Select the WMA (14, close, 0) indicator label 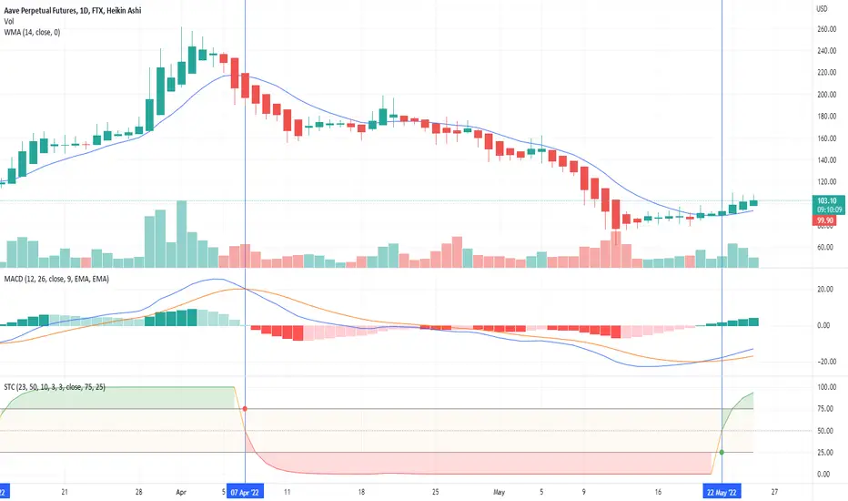pos(32,33)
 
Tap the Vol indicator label pos(9,22)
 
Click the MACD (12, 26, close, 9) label pos(56,279)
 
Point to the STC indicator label pos(55,387)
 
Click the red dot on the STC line pos(245,408)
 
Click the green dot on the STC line pos(722,452)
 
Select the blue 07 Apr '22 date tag pos(245,492)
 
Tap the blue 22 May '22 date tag pos(722,492)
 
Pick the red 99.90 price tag pos(824,220)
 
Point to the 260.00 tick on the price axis pos(826,29)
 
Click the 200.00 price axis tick pos(826,95)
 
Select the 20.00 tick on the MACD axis pos(824,290)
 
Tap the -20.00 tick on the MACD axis pos(823,362)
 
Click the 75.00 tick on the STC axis pos(824,409)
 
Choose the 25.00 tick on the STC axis pos(824,452)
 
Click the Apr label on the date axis pos(181,492)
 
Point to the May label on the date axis pos(499,492)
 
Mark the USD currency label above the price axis pos(822,9)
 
